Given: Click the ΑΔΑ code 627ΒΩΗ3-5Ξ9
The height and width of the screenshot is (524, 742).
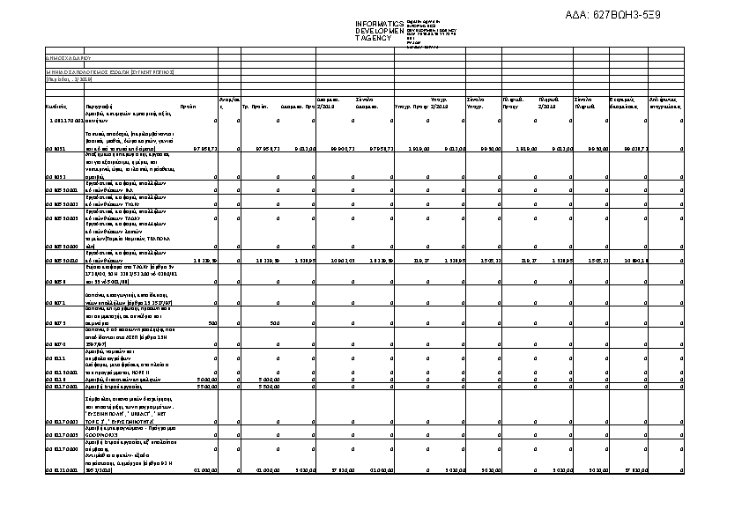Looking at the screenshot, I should tap(613, 15).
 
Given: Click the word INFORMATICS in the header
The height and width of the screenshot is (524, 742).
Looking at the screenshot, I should tap(379, 23).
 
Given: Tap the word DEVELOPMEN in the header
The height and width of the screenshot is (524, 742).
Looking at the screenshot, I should tap(379, 31).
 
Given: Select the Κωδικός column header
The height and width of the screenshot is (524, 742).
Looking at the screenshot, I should tap(57, 106).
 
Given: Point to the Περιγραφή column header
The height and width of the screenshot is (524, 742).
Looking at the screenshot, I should tap(100, 106).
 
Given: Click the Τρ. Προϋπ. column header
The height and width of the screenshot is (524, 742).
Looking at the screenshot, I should tap(255, 106).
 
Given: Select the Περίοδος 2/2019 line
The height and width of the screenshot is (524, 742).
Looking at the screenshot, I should tap(63, 78).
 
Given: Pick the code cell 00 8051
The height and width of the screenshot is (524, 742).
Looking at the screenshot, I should tap(55, 150).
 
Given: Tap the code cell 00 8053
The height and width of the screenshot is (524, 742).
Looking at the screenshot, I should tap(55, 176).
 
